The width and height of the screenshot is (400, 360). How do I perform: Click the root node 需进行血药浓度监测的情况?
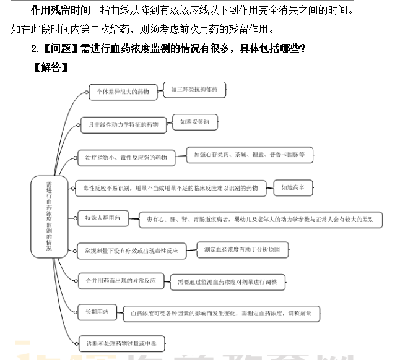coord(49,216)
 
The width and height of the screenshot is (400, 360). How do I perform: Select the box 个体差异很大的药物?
coord(123,92)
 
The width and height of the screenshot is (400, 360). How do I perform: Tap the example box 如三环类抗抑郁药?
coord(194,89)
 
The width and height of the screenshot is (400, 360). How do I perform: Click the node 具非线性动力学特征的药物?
coord(124,125)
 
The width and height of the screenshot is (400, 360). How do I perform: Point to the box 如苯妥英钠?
coord(194,122)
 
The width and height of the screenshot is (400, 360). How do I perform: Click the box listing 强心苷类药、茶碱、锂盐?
coord(250,155)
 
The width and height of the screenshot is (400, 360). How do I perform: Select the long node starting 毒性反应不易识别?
coord(170,188)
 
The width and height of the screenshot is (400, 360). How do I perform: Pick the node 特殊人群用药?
coord(103,217)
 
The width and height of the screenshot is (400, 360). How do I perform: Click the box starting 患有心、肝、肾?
coord(260,219)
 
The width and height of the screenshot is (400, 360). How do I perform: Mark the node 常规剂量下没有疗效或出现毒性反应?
coord(131,251)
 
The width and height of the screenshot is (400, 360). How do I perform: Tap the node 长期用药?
coord(97,312)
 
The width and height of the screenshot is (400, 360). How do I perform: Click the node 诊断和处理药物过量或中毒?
coord(122,343)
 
